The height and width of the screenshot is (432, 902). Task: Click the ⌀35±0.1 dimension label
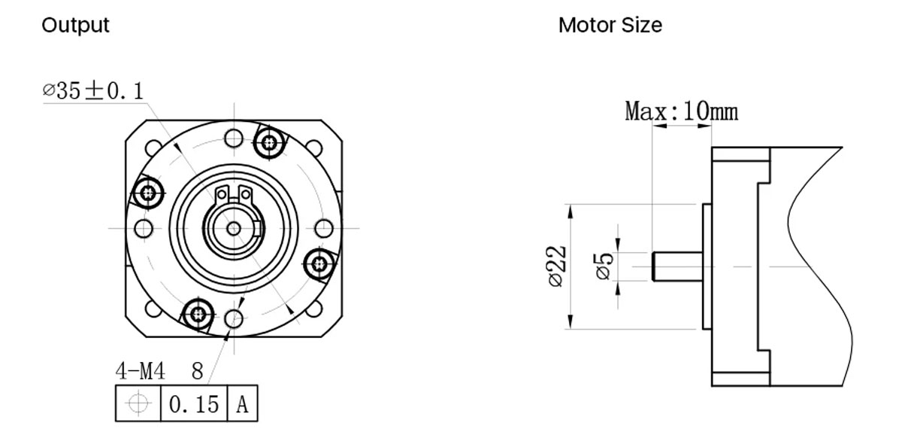coord(92,91)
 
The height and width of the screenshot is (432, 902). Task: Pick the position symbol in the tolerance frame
coord(138,404)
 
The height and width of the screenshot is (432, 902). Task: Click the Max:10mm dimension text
coord(681,112)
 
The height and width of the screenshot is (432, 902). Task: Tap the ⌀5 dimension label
coord(605,266)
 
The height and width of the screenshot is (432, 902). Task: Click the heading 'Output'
coord(75,25)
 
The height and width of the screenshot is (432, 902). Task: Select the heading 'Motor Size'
coord(610,25)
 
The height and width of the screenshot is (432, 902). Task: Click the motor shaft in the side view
coord(676,266)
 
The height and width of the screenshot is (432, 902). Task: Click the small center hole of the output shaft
coord(234,227)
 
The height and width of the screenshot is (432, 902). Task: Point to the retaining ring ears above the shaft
coord(233,195)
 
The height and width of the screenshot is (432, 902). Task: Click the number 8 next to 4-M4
coord(198,370)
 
